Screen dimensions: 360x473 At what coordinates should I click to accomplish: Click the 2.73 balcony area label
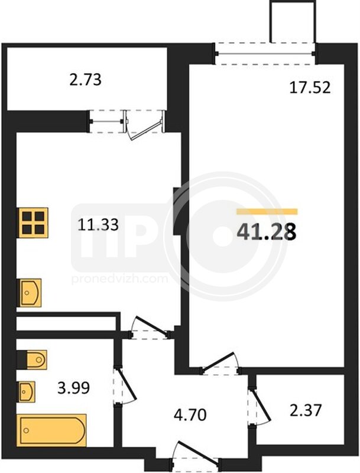pyautogui.click(x=86, y=80)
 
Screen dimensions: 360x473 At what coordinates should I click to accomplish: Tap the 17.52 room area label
pyautogui.click(x=310, y=88)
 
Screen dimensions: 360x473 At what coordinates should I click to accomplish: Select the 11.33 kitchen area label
pyautogui.click(x=98, y=225)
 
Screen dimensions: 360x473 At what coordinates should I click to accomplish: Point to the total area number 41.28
pyautogui.click(x=267, y=232)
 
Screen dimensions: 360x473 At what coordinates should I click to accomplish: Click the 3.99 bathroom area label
pyautogui.click(x=73, y=388)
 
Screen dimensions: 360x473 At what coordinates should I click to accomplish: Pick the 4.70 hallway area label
pyautogui.click(x=190, y=415)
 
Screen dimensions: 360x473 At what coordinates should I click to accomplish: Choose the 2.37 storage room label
pyautogui.click(x=306, y=410)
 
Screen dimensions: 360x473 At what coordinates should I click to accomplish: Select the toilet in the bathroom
pyautogui.click(x=32, y=359)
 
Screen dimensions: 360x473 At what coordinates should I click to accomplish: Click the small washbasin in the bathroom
pyautogui.click(x=27, y=391)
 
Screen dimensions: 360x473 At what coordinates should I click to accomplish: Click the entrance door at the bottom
pyautogui.click(x=195, y=453)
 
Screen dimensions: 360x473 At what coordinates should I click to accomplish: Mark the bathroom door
pyautogui.click(x=125, y=386)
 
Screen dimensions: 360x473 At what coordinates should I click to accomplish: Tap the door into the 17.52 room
pyautogui.click(x=220, y=364)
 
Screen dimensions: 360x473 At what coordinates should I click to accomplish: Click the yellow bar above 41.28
pyautogui.click(x=267, y=212)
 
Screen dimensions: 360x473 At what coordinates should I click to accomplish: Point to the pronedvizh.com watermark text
pyautogui.click(x=119, y=278)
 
